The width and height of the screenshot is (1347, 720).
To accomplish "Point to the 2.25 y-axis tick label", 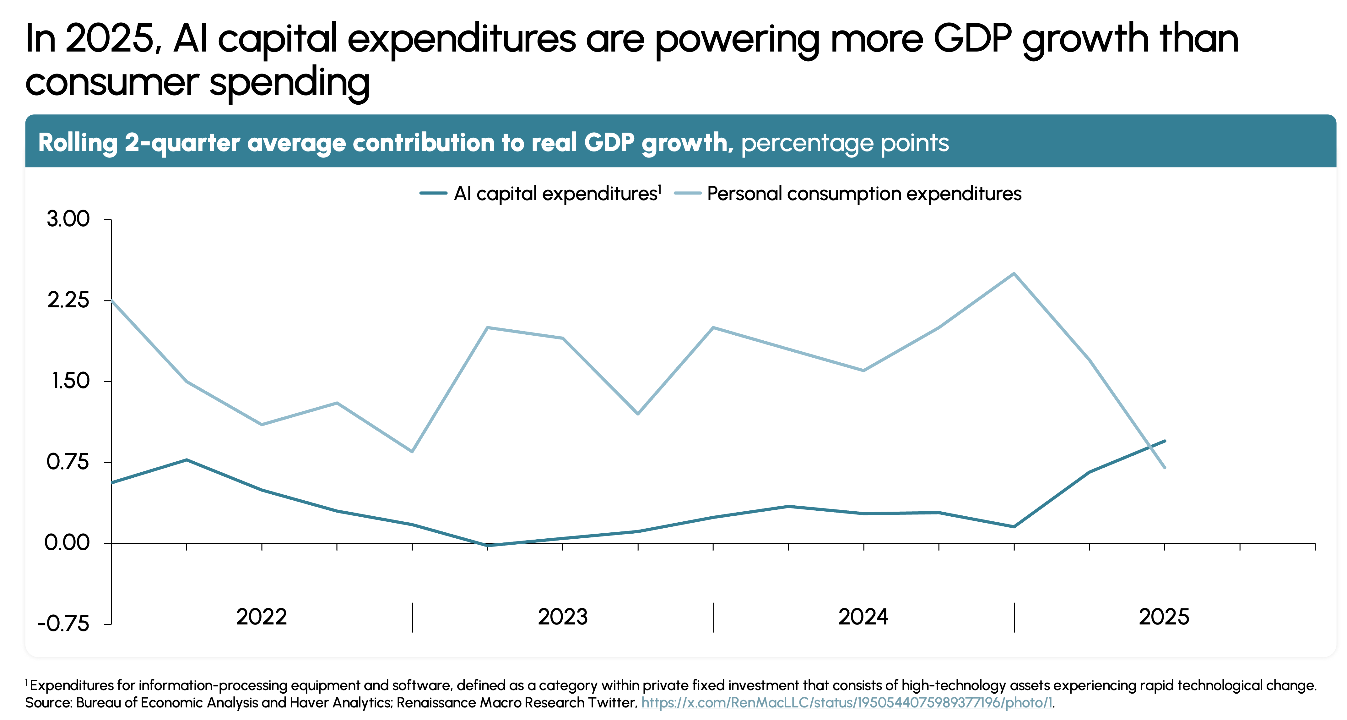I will click(68, 300).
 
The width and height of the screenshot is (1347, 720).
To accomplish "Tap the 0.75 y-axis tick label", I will click(68, 462).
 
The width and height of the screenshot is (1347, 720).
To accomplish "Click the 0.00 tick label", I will click(67, 543).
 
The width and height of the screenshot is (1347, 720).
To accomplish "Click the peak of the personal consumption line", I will click(1014, 273).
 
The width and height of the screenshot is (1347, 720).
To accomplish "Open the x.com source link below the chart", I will click(847, 702).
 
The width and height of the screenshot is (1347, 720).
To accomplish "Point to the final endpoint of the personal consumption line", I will click(1165, 467).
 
